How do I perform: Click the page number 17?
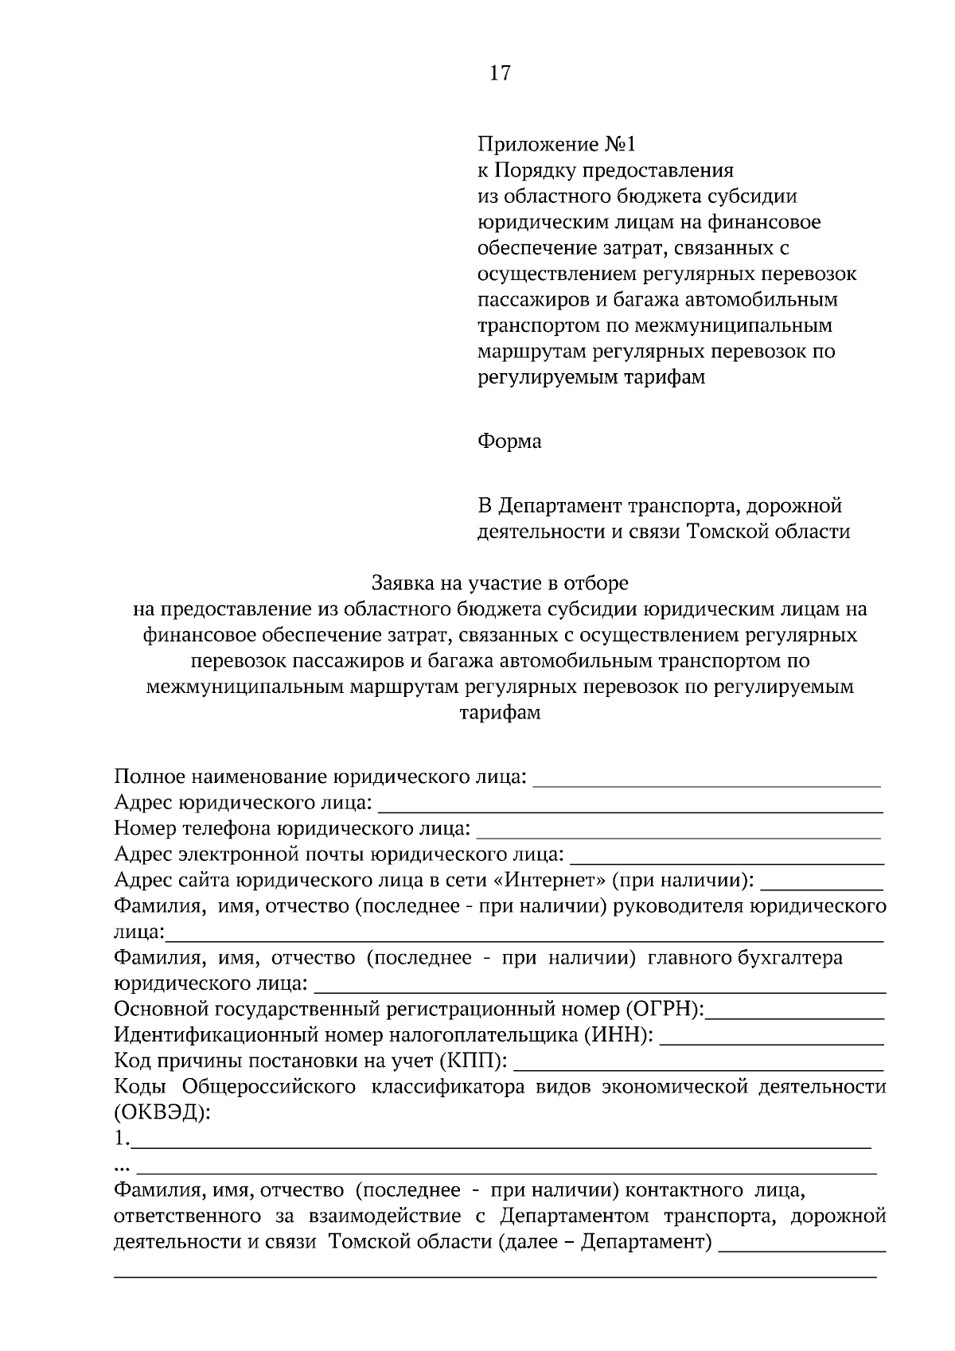point(500,74)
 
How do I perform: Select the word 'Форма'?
point(509,442)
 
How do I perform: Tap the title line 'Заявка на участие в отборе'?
point(500,583)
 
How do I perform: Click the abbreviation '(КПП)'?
point(474,1061)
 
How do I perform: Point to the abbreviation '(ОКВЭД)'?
point(163,1113)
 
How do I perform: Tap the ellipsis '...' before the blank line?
point(123,1168)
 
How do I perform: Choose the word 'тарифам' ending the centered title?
point(500,712)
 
